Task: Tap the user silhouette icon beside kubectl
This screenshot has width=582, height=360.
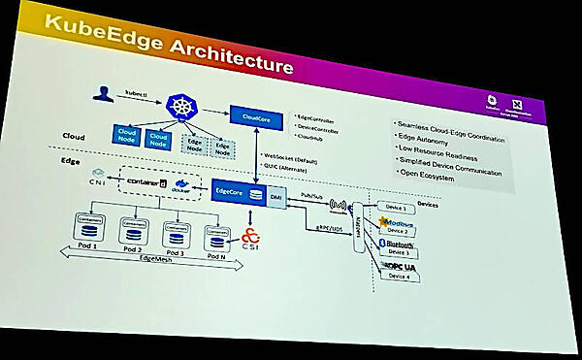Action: [99, 94]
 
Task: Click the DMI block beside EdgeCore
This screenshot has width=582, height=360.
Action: [275, 197]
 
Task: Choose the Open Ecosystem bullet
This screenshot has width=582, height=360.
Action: [428, 184]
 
